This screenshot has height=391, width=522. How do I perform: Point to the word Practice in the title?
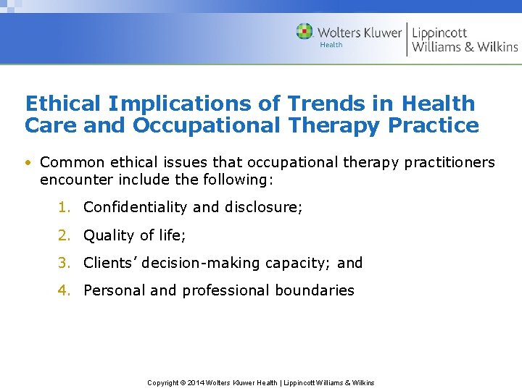coord(433,125)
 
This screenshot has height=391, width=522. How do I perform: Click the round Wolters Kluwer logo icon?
coord(304,32)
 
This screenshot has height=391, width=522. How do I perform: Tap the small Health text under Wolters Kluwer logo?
coord(331,45)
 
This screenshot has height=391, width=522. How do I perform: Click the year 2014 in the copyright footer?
coord(194,382)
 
